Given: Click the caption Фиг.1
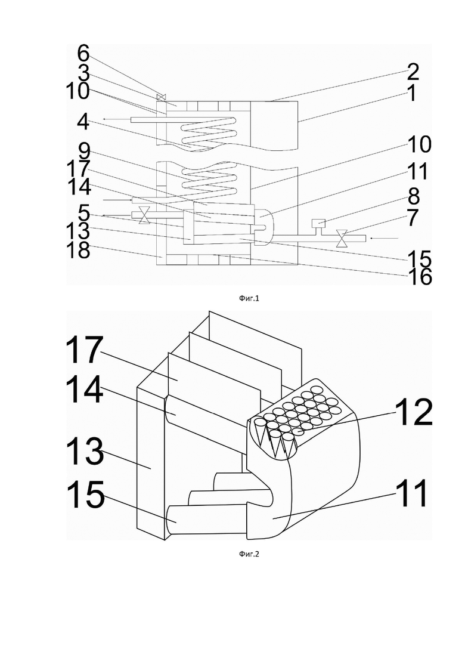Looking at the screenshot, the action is pyautogui.click(x=249, y=298).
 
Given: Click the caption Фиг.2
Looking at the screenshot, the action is pyautogui.click(x=249, y=554).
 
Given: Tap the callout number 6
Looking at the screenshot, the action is pyautogui.click(x=83, y=54).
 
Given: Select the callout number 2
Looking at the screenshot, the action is pyautogui.click(x=413, y=72).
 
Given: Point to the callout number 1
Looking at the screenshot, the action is pyautogui.click(x=413, y=92).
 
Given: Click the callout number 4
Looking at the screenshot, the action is pyautogui.click(x=83, y=122).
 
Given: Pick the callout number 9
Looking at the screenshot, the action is pyautogui.click(x=83, y=151).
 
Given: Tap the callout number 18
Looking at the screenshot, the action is pyautogui.click(x=77, y=251).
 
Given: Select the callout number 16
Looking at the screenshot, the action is pyautogui.click(x=419, y=277).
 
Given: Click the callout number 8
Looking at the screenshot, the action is pyautogui.click(x=413, y=196).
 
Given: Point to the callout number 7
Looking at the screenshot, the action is pyautogui.click(x=413, y=217).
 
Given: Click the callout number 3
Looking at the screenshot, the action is pyautogui.click(x=83, y=73).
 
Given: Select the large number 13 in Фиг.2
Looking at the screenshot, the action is pyautogui.click(x=84, y=452).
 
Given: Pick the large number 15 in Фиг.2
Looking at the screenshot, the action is pyautogui.click(x=85, y=495).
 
